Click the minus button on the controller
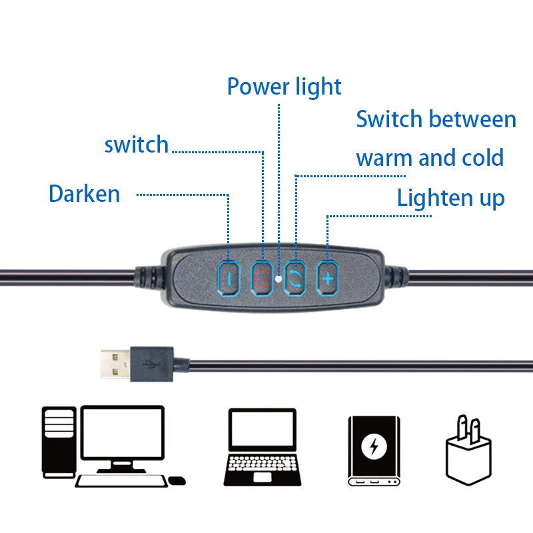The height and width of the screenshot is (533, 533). pyautogui.click(x=229, y=278)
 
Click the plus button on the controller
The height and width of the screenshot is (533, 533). pyautogui.click(x=327, y=278)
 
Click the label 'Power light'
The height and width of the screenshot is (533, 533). pyautogui.click(x=284, y=87)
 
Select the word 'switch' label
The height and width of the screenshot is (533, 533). pyautogui.click(x=137, y=145)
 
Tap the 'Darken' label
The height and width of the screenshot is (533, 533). pyautogui.click(x=85, y=194)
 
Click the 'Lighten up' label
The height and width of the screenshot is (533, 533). pyautogui.click(x=450, y=198)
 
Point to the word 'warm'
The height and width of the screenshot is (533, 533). pyautogui.click(x=383, y=159)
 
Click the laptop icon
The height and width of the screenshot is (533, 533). pyautogui.click(x=263, y=446)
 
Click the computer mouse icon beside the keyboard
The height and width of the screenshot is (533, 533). pyautogui.click(x=177, y=480)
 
